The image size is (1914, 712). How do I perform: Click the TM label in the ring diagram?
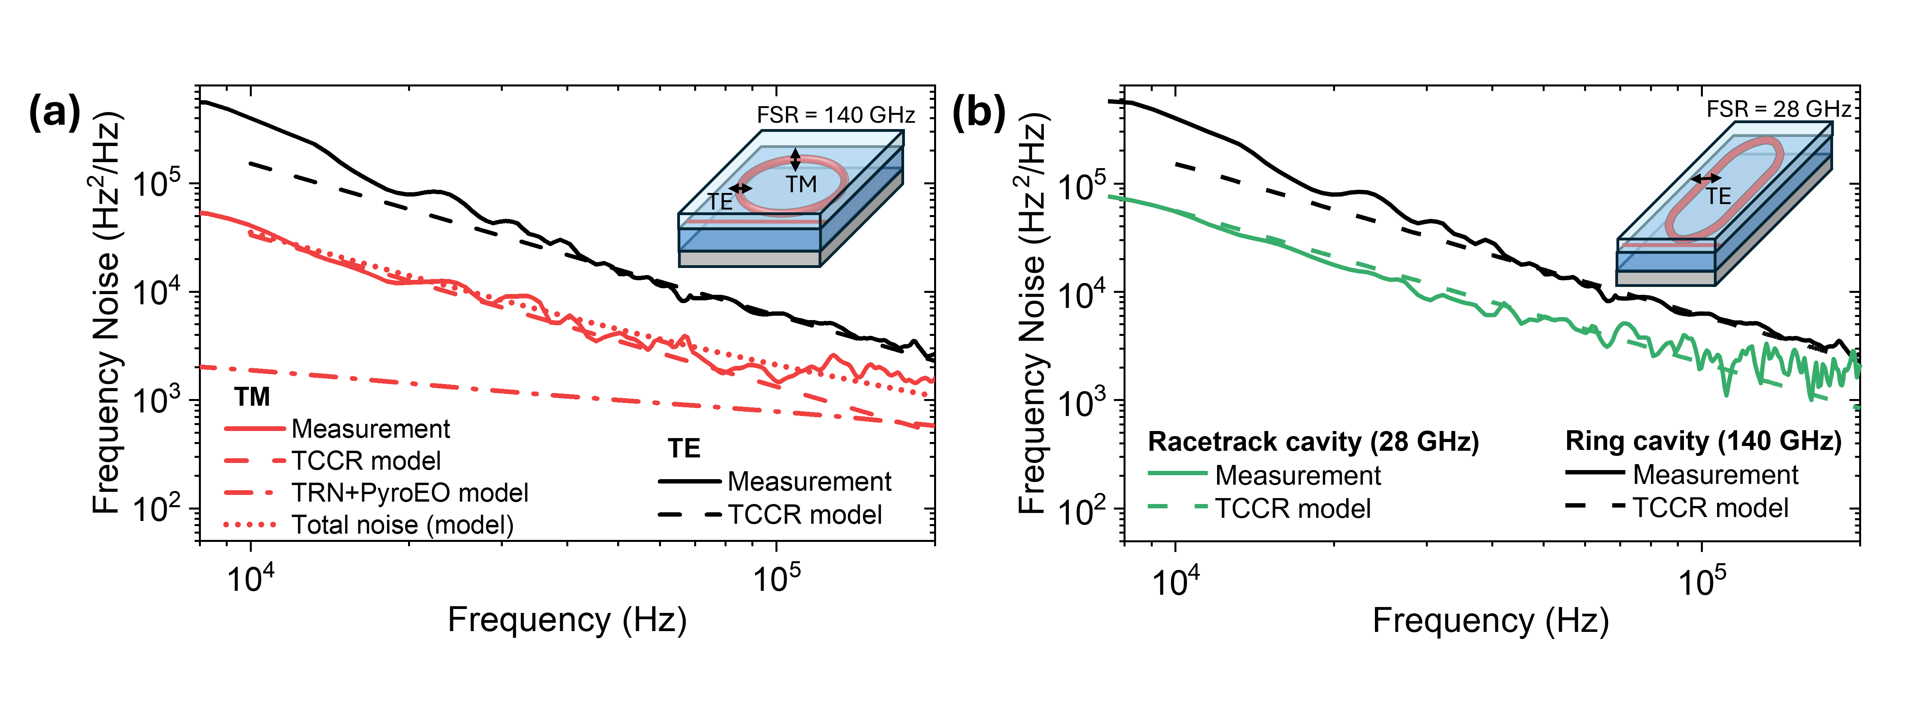click(x=801, y=184)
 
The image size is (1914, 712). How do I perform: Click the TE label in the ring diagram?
click(x=719, y=201)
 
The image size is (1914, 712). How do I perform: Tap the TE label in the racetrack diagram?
click(x=1718, y=196)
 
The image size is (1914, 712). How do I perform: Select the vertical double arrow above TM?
click(x=795, y=159)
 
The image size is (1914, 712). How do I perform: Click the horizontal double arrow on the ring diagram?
click(x=741, y=188)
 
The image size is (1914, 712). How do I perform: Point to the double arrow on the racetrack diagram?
click(x=1706, y=178)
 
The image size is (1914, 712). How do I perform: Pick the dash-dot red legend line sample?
click(x=249, y=493)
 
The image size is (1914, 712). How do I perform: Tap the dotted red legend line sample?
click(x=250, y=525)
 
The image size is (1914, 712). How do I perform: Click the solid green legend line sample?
click(x=1178, y=473)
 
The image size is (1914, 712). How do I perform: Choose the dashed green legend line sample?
click(x=1178, y=506)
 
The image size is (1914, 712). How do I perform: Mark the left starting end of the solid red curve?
click(x=201, y=213)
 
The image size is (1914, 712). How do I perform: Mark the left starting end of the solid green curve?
click(x=1109, y=196)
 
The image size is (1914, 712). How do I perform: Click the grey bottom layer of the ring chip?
click(x=749, y=259)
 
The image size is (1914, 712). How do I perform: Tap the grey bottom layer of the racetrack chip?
click(x=1665, y=278)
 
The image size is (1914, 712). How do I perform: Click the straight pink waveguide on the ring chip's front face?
click(x=749, y=221)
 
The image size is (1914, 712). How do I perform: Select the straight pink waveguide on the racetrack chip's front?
click(x=1658, y=245)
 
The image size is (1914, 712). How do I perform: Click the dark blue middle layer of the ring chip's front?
click(x=749, y=239)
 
